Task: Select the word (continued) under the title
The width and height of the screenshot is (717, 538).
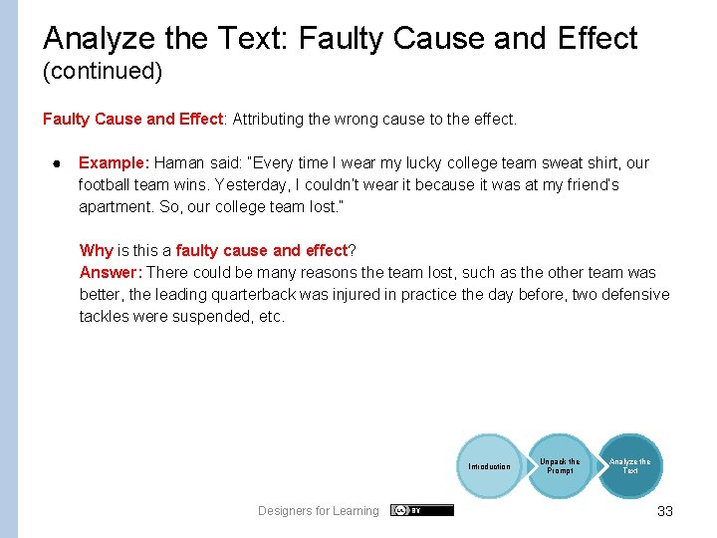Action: click(103, 72)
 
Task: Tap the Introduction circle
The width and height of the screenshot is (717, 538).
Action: click(489, 466)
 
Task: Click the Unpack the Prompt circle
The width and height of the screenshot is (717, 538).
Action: click(560, 465)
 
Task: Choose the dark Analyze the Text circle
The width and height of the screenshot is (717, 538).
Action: click(630, 465)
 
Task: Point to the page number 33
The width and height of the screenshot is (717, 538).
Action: click(665, 511)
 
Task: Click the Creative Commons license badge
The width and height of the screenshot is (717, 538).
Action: click(422, 510)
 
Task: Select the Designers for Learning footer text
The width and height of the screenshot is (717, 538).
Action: click(319, 511)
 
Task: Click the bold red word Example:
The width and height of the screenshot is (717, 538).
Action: click(114, 162)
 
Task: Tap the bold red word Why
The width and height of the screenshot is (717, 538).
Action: click(96, 250)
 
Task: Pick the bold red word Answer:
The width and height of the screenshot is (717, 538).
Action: click(111, 272)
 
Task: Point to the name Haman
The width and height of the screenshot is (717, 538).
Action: click(176, 162)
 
